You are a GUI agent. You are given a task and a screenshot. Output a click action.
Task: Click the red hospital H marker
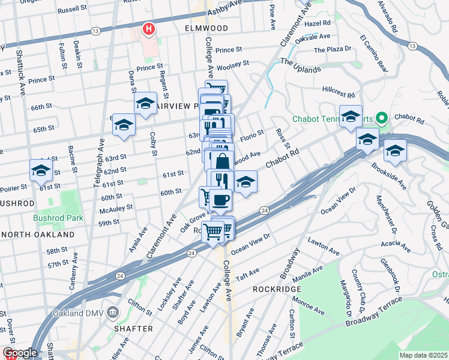[148, 28]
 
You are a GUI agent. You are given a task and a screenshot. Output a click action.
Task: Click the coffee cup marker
[220, 199]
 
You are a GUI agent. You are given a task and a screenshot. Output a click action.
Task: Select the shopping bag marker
[222, 161]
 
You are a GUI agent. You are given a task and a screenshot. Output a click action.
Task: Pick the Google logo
[19, 353]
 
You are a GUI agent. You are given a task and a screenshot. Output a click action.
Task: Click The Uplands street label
[300, 70]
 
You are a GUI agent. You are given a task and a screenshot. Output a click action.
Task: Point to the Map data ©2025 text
[423, 355]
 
